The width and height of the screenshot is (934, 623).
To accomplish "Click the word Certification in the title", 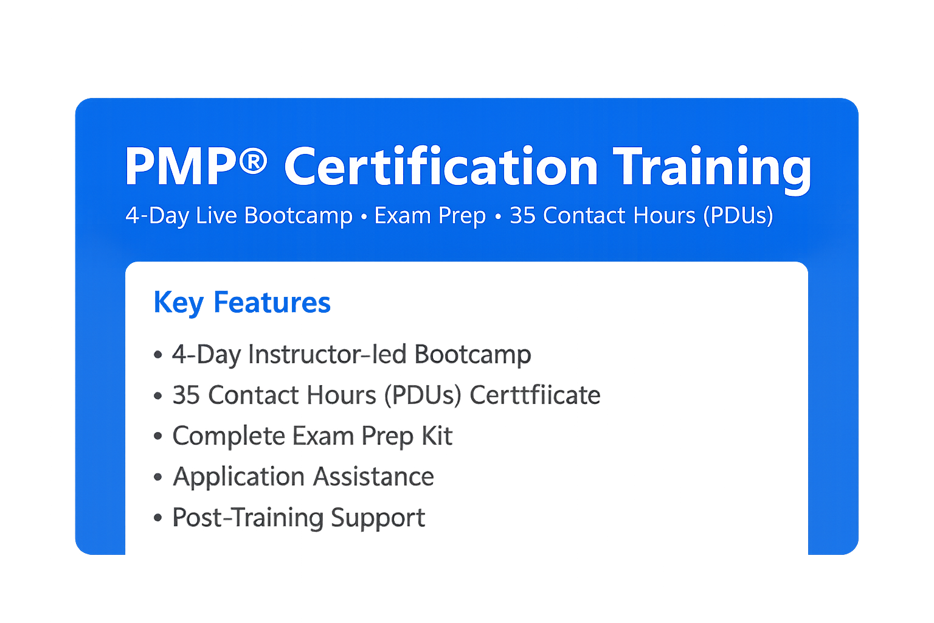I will coord(441,167).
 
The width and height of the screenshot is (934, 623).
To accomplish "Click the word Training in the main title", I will coord(711,168).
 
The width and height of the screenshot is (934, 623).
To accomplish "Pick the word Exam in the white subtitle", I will coord(399,215).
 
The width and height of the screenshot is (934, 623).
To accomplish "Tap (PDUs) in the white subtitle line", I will coord(738,216).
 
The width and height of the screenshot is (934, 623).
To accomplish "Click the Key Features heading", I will coord(242,302).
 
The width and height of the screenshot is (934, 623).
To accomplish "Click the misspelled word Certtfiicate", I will coord(535,395).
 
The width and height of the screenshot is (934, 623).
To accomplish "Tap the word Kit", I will coord(437,436).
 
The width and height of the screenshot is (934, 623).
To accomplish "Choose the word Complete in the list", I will coord(229,436).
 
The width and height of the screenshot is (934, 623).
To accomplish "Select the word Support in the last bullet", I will coord(378,518).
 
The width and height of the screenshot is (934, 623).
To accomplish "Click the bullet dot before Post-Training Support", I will coord(158,518).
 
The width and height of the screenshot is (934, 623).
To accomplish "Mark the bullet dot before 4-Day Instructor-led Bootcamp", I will coord(158,355).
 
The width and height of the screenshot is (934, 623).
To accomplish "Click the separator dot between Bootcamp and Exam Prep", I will coord(363,217).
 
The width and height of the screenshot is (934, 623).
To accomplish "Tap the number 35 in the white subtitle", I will coord(522,215).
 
